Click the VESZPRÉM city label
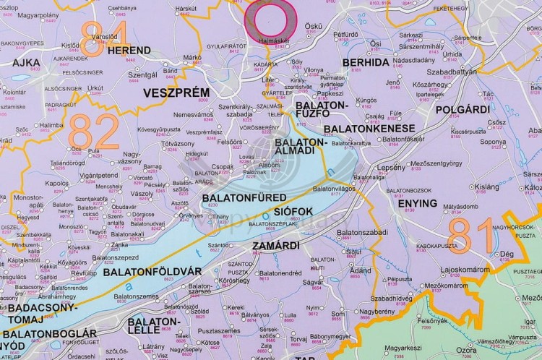click(176, 93)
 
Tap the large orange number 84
click(103, 38)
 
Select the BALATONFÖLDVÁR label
click(152, 272)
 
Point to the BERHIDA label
click(366, 63)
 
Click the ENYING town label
click(417, 204)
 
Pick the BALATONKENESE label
click(369, 129)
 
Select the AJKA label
click(26, 63)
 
